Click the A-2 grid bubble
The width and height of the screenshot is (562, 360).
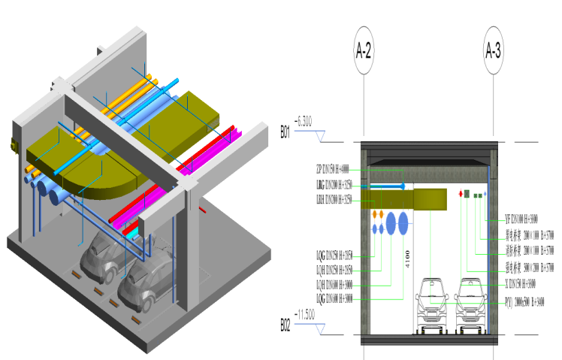(x=364, y=51)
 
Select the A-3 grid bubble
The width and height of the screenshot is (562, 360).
(x=493, y=51)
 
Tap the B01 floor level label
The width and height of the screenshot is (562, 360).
(x=285, y=132)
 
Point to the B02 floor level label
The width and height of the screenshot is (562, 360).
(x=285, y=325)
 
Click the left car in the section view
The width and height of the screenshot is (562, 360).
(x=431, y=304)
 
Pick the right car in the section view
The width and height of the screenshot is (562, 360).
(x=469, y=304)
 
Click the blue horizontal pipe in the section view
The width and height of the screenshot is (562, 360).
(x=383, y=186)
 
